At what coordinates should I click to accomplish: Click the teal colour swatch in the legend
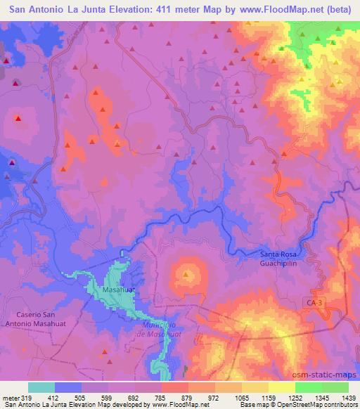click(41, 387)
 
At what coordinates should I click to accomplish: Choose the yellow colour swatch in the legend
click(282, 387)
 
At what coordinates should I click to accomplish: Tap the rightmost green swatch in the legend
click(335, 387)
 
